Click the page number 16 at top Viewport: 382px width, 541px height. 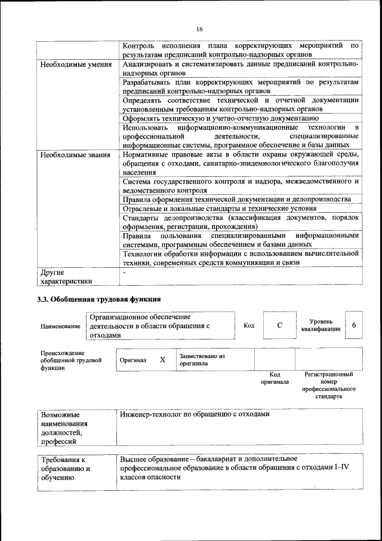(199, 29)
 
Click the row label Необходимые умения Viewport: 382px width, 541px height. (75, 65)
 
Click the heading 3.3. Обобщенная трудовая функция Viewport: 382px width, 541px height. (98, 299)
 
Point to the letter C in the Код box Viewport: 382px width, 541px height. (279, 326)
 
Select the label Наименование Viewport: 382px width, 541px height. (60, 326)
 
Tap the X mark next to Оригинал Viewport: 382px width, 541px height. (162, 360)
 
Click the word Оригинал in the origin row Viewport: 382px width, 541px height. (133, 360)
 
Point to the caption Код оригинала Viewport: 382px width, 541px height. (275, 378)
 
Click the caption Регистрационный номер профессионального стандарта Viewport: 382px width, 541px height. (329, 385)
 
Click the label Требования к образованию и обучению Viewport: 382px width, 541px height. (66, 469)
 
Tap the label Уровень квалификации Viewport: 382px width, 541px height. (321, 325)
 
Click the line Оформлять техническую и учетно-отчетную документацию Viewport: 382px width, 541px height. (220, 118)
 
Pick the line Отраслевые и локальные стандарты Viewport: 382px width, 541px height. (219, 209)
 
